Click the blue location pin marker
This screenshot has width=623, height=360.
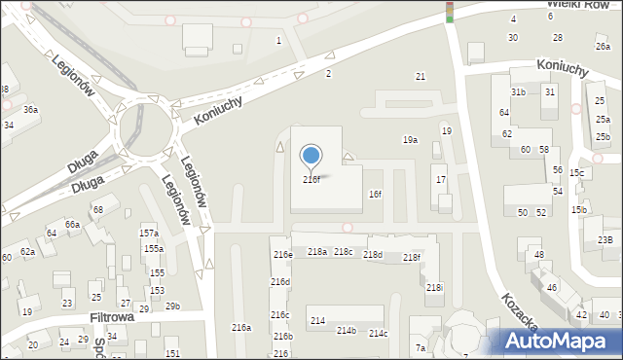coord(311,156)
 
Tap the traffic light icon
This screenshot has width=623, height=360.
coord(450,12)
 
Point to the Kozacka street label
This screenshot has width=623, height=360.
coord(521,309)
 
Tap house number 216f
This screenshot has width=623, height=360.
coord(311,180)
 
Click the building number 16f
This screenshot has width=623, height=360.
coord(375,195)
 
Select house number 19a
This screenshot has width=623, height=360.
coord(411,140)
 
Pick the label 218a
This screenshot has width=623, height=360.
coord(317,252)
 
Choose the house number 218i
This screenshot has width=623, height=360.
coord(434,288)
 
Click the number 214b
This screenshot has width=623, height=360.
coord(347,331)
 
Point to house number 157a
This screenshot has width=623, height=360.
coord(149,234)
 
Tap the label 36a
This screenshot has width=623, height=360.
coord(31,110)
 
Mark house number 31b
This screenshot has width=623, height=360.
coord(518,92)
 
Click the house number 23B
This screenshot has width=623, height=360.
coord(605,239)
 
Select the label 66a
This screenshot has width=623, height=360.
coord(72,225)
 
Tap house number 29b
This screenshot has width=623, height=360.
coord(172,306)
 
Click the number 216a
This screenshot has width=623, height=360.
coord(240,328)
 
